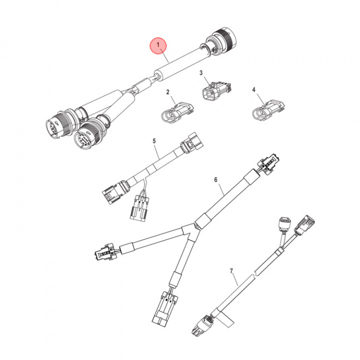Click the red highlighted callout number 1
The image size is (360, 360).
pos(159,46)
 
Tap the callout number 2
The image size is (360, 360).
pos(168,92)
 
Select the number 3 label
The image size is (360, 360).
pos(201,73)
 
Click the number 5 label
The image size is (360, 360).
pos(154,141)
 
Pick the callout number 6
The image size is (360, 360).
pos(216,179)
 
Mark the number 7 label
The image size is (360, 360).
pos(231,271)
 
